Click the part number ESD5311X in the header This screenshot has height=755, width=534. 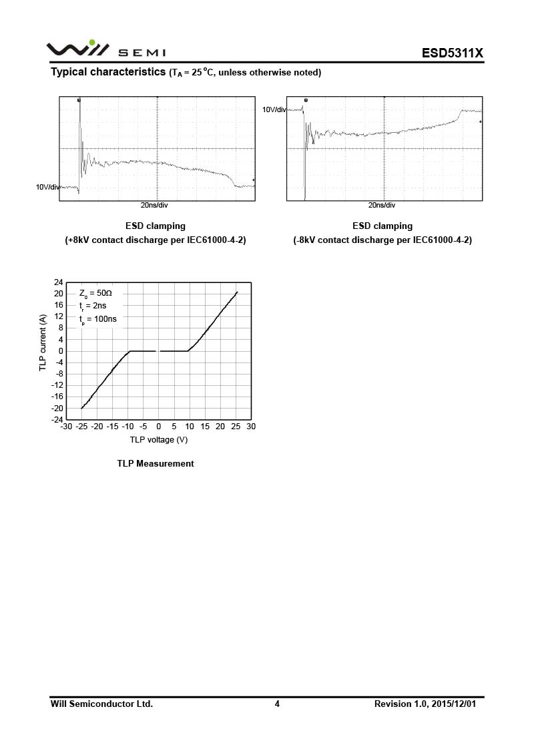452,53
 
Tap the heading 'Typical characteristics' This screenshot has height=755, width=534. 108,72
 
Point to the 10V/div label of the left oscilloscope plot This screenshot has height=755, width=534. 48,187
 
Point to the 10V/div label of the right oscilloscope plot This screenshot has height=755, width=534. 274,109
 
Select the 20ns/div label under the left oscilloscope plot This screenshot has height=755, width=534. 154,206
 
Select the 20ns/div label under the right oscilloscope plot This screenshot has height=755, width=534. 382,206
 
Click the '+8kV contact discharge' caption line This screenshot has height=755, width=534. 156,240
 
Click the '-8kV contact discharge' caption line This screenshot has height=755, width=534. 382,240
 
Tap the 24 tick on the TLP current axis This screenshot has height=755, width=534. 59,282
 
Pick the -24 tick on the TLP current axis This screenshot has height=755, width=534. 57,420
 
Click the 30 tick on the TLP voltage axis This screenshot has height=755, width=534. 251,427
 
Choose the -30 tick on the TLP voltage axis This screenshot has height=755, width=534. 65,427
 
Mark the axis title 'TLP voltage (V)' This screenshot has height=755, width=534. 159,439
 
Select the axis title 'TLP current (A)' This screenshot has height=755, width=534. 43,343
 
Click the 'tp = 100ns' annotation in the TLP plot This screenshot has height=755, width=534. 97,319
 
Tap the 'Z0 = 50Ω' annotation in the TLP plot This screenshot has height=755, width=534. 95,293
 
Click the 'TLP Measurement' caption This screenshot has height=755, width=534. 156,463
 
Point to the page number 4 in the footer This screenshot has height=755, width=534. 277,704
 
